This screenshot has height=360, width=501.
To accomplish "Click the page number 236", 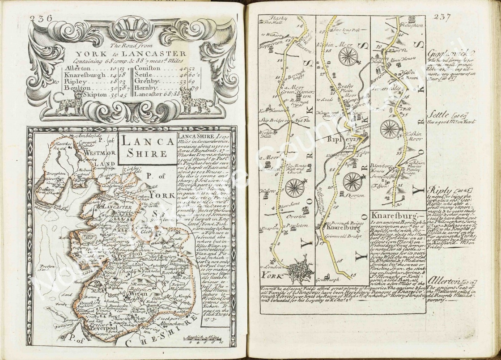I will point(41,18).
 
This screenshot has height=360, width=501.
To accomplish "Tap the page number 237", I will point(442,17).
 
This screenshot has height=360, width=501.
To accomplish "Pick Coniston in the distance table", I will point(150,68).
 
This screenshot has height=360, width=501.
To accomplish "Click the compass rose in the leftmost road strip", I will point(295,188).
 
